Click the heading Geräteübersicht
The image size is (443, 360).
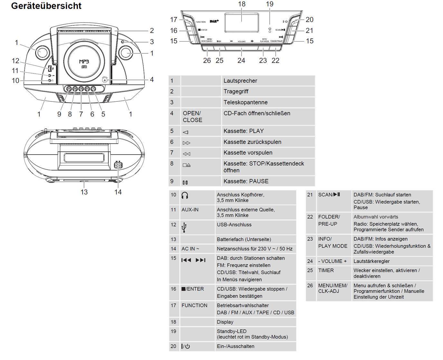(46, 6)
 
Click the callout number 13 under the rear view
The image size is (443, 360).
(84, 192)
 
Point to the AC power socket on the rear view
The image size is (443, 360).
(118, 165)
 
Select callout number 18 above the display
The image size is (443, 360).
(242, 4)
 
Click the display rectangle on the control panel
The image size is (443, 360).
(242, 22)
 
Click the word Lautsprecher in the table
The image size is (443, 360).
(240, 81)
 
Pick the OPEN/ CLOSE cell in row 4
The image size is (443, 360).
(193, 117)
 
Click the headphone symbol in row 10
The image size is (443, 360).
(184, 195)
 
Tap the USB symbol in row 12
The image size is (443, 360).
(184, 227)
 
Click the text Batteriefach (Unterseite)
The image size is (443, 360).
(244, 239)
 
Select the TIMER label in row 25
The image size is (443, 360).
(326, 270)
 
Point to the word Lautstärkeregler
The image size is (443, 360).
(371, 261)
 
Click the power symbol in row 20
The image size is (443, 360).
(186, 346)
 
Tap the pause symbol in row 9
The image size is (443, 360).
(185, 183)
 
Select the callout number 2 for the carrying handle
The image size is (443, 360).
(152, 31)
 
